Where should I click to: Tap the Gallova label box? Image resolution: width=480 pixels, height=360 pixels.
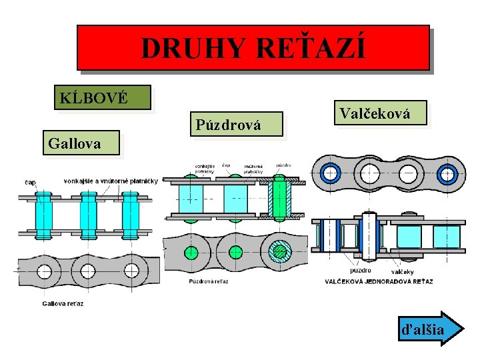pyautogui.click(x=81, y=143)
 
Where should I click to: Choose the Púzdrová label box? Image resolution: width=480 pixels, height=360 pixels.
pyautogui.click(x=236, y=123)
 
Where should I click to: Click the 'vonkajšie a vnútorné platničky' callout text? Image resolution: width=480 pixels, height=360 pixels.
pyautogui.click(x=111, y=181)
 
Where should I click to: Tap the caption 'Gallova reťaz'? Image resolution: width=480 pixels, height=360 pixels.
pyautogui.click(x=63, y=304)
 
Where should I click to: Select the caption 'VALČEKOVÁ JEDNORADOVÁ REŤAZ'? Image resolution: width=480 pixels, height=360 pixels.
pyautogui.click(x=379, y=281)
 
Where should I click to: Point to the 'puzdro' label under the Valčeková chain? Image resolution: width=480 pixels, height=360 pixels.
pyautogui.click(x=361, y=270)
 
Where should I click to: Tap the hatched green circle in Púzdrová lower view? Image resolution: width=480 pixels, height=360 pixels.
pyautogui.click(x=280, y=252)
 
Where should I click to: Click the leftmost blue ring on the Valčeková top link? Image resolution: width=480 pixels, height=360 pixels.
pyautogui.click(x=330, y=173)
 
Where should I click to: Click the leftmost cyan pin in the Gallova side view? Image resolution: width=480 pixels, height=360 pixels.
pyautogui.click(x=44, y=213)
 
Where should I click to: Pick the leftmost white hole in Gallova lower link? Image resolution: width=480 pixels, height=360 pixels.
pyautogui.click(x=44, y=271)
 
